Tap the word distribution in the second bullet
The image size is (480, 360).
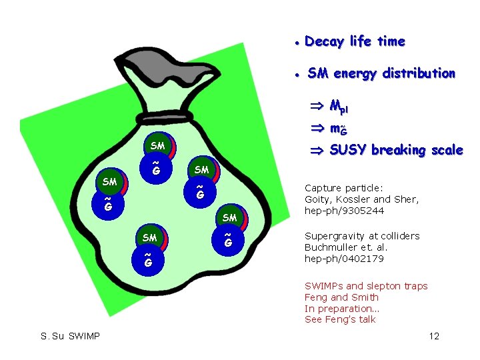[420, 73]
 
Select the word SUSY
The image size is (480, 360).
[348, 150]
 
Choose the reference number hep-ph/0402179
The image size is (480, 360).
[343, 259]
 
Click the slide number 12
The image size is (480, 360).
[434, 336]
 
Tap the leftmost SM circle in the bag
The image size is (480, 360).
[109, 181]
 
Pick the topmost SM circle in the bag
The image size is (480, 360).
[157, 146]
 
